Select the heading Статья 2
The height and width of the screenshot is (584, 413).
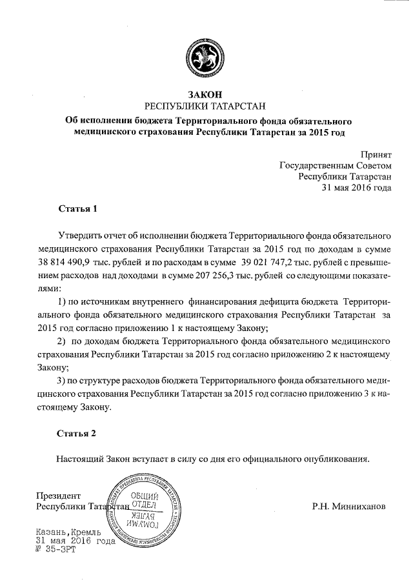pos(77,434)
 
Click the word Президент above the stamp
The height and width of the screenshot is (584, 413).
pos(58,495)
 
